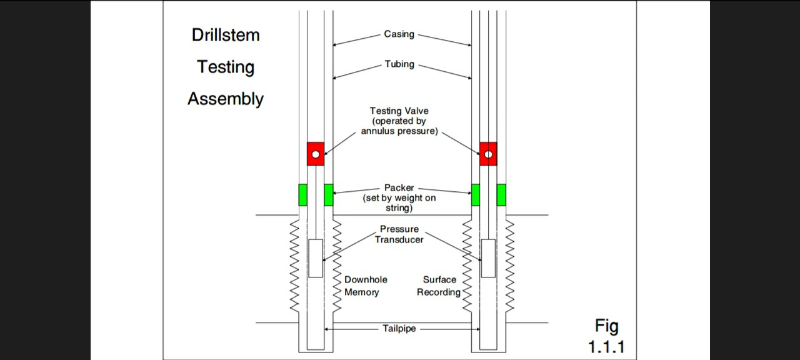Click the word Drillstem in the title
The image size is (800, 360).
point(225,35)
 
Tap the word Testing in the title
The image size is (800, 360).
point(226,67)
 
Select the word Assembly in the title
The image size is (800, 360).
point(226,99)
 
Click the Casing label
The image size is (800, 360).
point(399,34)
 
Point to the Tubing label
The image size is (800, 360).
point(399,64)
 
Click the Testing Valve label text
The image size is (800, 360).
point(399,111)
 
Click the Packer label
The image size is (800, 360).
point(399,187)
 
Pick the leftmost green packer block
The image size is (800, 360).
point(303,195)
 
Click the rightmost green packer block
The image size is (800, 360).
point(501,195)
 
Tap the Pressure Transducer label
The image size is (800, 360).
point(399,234)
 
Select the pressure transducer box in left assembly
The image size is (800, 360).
point(316,258)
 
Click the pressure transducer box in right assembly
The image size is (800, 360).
point(488,258)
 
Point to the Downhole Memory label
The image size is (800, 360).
point(366,286)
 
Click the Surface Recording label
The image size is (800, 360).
point(439,286)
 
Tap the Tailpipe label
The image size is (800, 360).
point(399,329)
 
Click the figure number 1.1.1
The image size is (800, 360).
point(606,347)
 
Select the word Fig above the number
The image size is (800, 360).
point(606,326)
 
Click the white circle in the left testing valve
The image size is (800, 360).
point(316,154)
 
